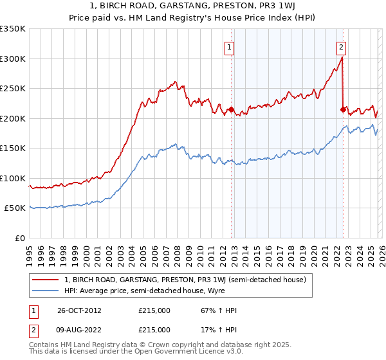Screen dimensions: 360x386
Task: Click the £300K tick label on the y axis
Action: coord(13,59)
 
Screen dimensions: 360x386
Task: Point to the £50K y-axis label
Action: coord(15,208)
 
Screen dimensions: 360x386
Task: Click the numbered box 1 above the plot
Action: coord(230,46)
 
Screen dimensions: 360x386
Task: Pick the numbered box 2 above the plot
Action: coord(341,46)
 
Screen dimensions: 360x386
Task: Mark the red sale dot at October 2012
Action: coord(231,110)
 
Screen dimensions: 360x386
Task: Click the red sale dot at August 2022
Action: coord(343,110)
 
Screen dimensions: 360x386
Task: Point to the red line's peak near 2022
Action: coord(341,57)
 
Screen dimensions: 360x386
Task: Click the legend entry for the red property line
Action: coord(188,280)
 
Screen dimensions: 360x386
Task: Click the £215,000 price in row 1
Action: coord(154,310)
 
